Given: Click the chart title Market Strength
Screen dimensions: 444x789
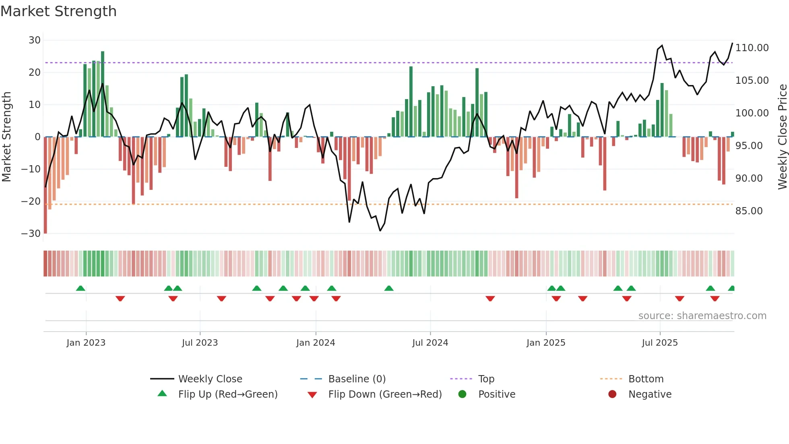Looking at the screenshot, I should point(58,11).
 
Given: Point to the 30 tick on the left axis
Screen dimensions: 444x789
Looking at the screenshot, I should point(35,40).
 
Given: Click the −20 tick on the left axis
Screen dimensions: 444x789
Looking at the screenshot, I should point(31,201).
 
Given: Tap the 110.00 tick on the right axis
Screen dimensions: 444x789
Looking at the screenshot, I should point(752,48).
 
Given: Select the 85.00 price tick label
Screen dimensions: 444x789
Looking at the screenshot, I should point(749,211).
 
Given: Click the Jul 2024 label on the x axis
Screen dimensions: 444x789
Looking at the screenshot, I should point(430,343).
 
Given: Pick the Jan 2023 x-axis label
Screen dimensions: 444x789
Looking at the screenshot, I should point(86,343).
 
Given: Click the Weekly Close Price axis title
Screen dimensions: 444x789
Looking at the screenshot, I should point(782,137).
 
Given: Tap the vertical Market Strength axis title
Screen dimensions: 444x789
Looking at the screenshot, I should point(6,137).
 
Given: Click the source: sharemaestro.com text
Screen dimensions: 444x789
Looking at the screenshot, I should point(702,316).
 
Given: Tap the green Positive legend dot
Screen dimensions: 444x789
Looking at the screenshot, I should point(462,394).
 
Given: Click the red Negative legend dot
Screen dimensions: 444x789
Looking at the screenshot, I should point(612,394).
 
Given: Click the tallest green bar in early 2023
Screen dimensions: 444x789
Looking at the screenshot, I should point(103,94).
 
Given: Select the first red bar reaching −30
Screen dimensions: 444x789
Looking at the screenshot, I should point(45,185).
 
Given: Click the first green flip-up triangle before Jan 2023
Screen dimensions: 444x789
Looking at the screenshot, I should point(81,288).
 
